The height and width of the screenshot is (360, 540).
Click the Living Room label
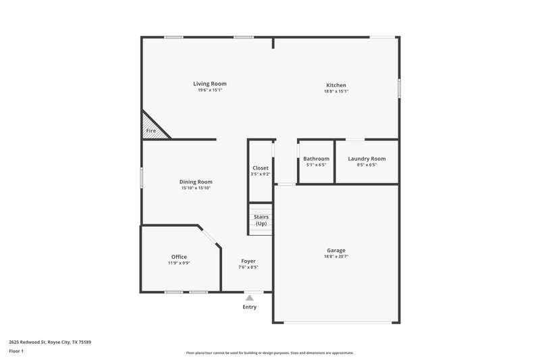pos(210,84)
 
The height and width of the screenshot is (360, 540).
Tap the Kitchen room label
pos(335,85)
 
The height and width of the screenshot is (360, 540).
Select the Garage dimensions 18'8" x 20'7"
pos(335,256)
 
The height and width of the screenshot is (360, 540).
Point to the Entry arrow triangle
pos(250,297)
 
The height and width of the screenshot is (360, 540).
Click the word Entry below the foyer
pos(250,307)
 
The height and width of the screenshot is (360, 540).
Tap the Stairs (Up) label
pos(261,220)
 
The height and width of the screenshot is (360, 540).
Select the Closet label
pos(261,168)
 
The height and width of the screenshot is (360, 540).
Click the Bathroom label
pos(316,159)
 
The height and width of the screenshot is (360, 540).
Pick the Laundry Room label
pos(367,159)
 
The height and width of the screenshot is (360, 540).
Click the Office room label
pos(179,257)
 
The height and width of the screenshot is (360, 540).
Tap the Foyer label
pos(248,261)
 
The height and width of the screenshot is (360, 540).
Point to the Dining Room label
pos(196,182)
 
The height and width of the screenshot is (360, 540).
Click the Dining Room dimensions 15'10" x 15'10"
pos(196,188)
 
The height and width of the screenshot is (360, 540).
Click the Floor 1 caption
pos(17,352)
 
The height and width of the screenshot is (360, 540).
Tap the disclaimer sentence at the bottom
pos(270,353)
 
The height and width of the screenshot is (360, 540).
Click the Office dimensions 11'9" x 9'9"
pos(179,263)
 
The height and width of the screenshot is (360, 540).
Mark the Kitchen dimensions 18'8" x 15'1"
pos(335,91)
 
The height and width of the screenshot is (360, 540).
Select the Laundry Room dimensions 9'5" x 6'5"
pos(367,165)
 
